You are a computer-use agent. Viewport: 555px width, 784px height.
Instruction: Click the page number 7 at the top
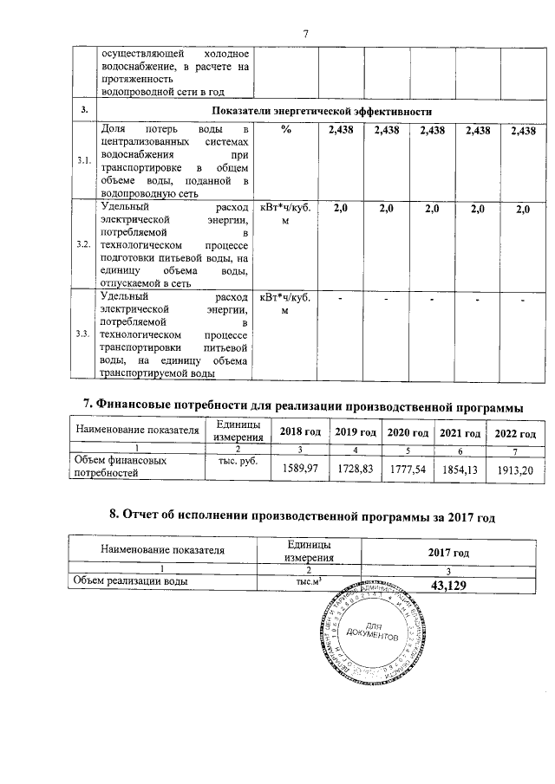(306, 34)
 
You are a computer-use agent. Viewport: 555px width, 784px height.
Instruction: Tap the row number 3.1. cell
(84, 161)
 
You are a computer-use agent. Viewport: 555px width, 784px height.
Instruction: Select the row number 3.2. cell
(84, 244)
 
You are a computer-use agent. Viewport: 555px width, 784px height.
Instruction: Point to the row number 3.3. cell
(84, 334)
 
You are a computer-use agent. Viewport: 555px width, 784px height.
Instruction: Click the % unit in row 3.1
(285, 130)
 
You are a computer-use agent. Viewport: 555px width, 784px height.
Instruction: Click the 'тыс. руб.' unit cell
(233, 461)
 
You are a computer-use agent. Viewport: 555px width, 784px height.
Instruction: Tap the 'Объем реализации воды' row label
(130, 582)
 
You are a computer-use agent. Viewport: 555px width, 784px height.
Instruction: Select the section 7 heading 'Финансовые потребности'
(302, 404)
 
